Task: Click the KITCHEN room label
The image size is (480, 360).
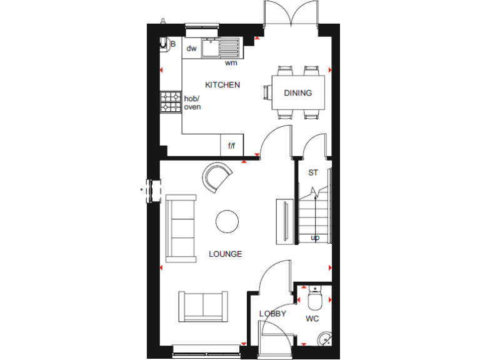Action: (222, 84)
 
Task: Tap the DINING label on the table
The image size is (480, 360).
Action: (297, 93)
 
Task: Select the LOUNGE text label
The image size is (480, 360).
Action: (225, 254)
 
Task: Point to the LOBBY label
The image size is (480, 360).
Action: (272, 314)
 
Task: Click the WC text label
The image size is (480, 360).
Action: (312, 319)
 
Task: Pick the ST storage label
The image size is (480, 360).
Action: (313, 172)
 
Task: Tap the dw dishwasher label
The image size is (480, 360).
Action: (191, 48)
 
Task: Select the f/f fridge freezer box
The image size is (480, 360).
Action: (231, 146)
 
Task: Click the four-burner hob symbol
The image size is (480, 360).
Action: (171, 102)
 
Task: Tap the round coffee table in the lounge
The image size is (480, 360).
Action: (227, 221)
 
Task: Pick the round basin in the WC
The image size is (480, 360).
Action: (324, 339)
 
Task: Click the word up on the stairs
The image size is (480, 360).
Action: (315, 237)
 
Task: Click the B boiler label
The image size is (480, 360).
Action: (172, 44)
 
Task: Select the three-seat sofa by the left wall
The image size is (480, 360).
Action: (181, 228)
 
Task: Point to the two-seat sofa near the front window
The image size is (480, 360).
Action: (203, 307)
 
